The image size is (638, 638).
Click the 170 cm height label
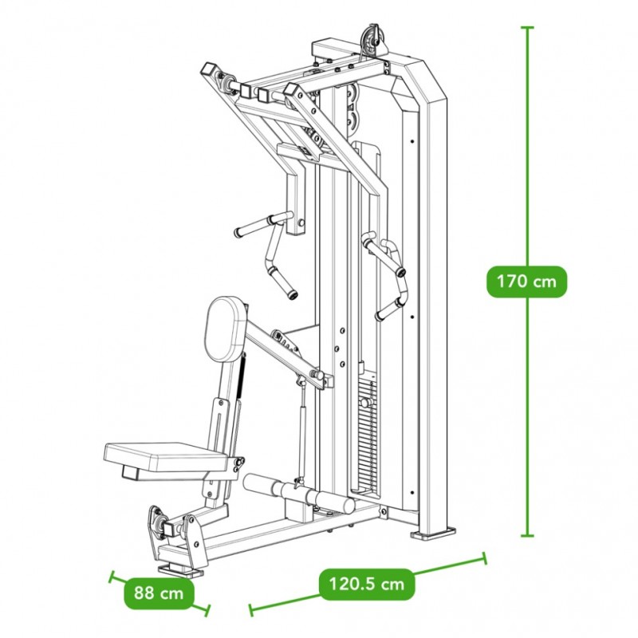tap(526, 282)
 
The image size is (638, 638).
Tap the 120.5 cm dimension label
tap(367, 584)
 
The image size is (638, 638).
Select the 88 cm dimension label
tap(159, 593)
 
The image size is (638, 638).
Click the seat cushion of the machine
tap(166, 458)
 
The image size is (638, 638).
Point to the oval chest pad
tap(225, 329)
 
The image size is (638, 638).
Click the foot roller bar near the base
tap(299, 493)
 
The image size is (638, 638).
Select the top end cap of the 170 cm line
tap(527, 27)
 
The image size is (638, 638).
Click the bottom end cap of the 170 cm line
tap(527, 535)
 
